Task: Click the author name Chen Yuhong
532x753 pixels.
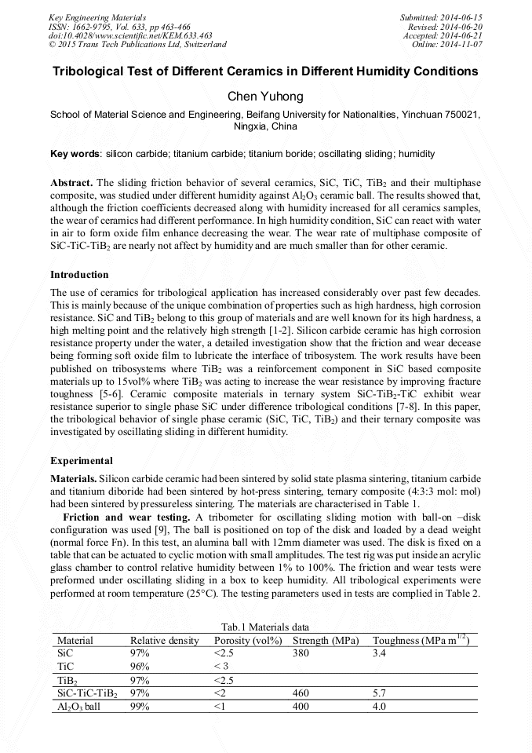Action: tap(265, 96)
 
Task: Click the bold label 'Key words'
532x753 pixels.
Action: tap(75, 154)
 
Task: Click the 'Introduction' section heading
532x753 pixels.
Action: tap(79, 275)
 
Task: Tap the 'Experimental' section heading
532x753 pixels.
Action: tap(82, 461)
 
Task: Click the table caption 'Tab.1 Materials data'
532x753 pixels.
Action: tap(265, 627)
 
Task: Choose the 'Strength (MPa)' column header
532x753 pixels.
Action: tap(326, 641)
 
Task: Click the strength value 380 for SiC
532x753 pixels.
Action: tap(301, 653)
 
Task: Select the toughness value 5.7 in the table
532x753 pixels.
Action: tap(380, 693)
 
